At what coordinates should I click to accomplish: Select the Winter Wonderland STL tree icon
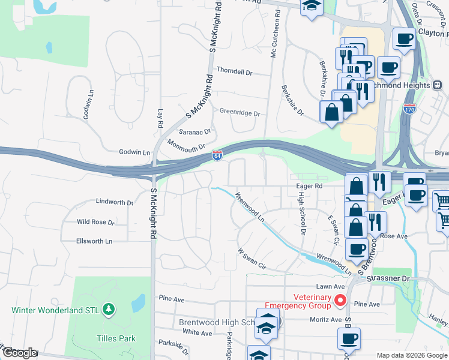tap(109, 310)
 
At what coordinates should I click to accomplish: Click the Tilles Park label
tap(116, 338)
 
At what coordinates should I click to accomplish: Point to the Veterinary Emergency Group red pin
tap(340, 301)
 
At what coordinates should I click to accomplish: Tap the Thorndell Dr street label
tap(235, 71)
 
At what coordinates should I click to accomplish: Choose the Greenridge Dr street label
tap(240, 113)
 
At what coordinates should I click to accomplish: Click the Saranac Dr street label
tap(195, 131)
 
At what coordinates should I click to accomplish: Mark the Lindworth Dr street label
tap(115, 203)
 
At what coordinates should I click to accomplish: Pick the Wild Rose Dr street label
tap(95, 222)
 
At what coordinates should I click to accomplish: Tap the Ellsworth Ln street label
tap(94, 241)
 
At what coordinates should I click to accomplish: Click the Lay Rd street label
tap(160, 118)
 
